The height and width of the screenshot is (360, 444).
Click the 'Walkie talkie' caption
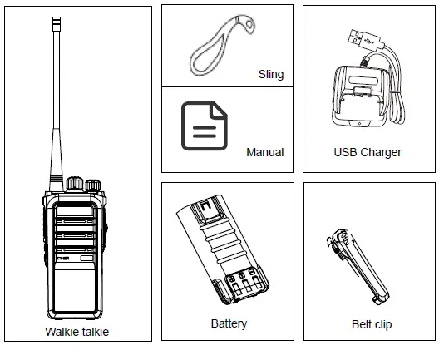tap(76, 332)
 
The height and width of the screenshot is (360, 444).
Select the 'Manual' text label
tap(264, 152)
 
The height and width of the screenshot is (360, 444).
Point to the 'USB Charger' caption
tap(368, 152)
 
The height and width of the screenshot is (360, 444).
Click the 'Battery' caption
tap(229, 323)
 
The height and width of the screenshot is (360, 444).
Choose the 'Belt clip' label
tap(371, 324)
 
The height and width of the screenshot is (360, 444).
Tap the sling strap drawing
tap(219, 49)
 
